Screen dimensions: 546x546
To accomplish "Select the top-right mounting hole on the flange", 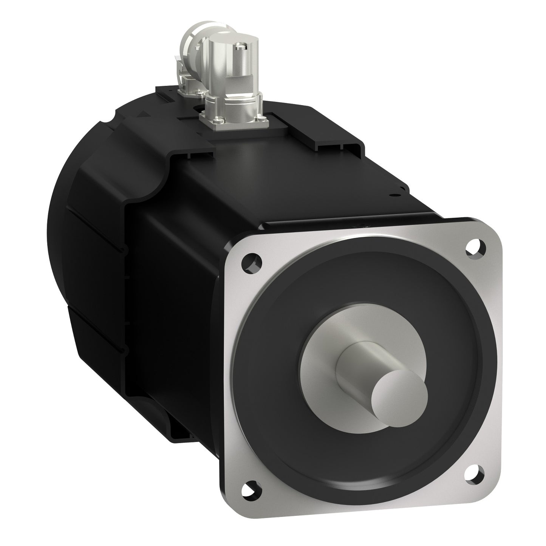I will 473,247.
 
